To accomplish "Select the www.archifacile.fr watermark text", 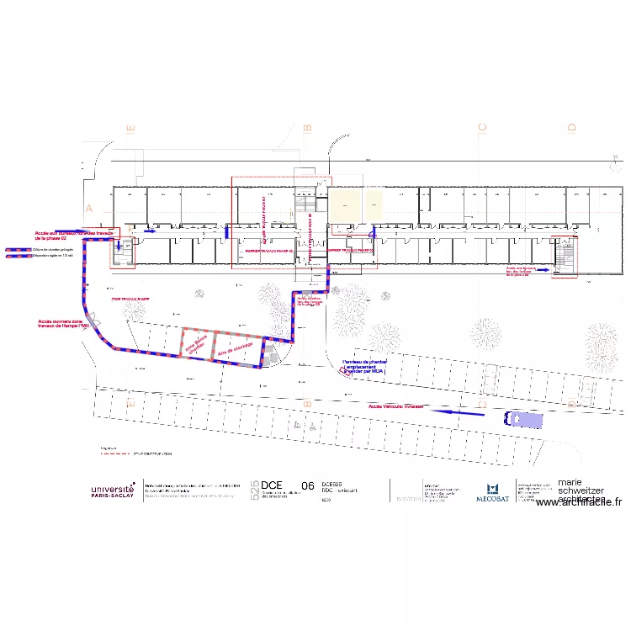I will click(578, 502).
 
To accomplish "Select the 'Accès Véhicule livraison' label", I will click(395, 406).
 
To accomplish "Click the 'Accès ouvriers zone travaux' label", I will click(63, 324).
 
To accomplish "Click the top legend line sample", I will click(16, 250).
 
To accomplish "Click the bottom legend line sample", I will click(16, 257).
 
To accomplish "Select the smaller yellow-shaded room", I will click(374, 202).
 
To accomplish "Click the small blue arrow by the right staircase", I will click(544, 270).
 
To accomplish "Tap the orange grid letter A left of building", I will click(87, 207).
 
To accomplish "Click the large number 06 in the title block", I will click(307, 485).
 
